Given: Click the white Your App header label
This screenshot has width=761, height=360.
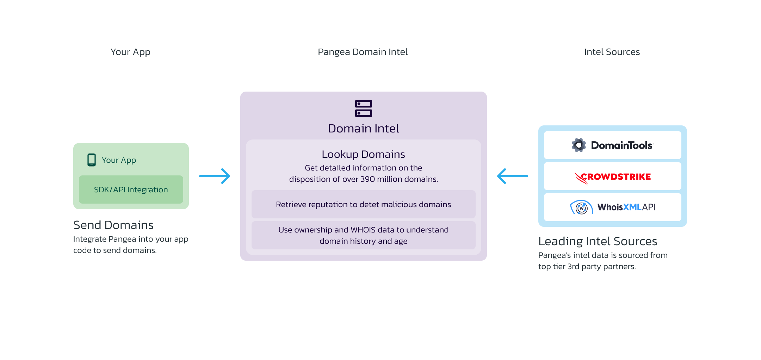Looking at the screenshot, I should (130, 52).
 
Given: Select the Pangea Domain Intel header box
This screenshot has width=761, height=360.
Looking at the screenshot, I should (363, 52).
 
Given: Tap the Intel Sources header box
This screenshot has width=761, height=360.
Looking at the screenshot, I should (612, 52).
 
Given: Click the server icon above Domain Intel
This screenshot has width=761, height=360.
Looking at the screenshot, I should (363, 108).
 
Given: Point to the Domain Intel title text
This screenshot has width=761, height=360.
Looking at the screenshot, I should (363, 129).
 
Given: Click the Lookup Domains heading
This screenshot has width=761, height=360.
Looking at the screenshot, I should (363, 154).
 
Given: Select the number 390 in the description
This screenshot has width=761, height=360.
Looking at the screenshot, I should (367, 179).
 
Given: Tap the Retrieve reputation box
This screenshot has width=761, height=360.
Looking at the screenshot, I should (363, 204).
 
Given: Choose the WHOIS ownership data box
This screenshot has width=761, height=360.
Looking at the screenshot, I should (363, 235).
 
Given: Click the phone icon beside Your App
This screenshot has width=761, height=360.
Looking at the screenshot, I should (92, 160).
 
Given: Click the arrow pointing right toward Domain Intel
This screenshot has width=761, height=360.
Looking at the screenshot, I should (215, 176).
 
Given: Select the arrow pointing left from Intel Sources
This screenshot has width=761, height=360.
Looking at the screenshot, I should (512, 176).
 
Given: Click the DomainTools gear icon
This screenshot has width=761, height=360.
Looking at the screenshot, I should (579, 145).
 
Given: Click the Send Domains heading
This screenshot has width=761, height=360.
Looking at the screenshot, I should (113, 225).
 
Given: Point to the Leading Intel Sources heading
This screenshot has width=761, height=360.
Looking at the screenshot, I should (598, 241).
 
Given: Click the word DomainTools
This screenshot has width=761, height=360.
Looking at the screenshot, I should (622, 145).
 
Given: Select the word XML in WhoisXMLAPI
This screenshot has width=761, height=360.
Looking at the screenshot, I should (632, 207).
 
